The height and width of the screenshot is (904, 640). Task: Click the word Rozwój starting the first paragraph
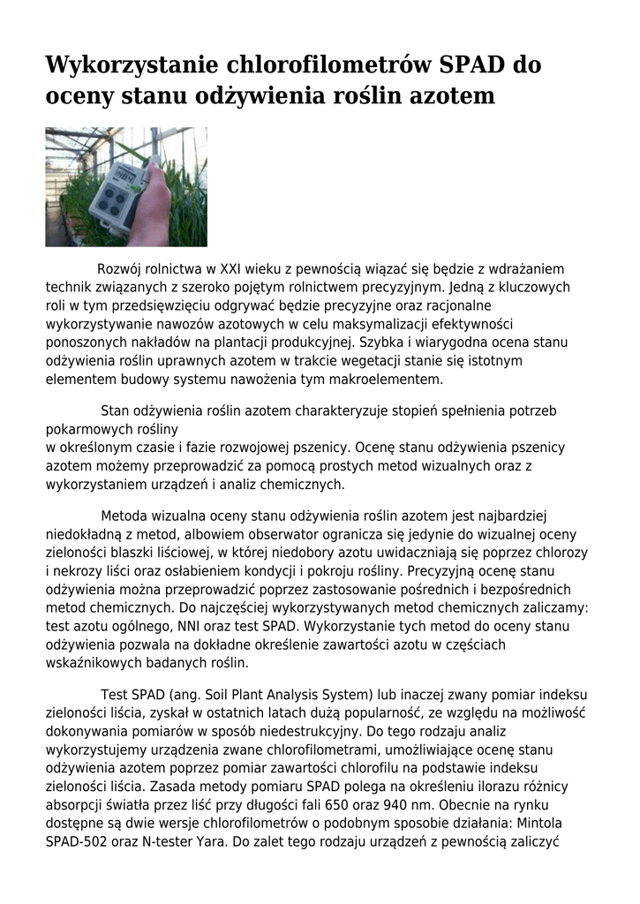click(123, 268)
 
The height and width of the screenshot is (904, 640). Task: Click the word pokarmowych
click(86, 429)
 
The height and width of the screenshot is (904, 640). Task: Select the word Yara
click(207, 842)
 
